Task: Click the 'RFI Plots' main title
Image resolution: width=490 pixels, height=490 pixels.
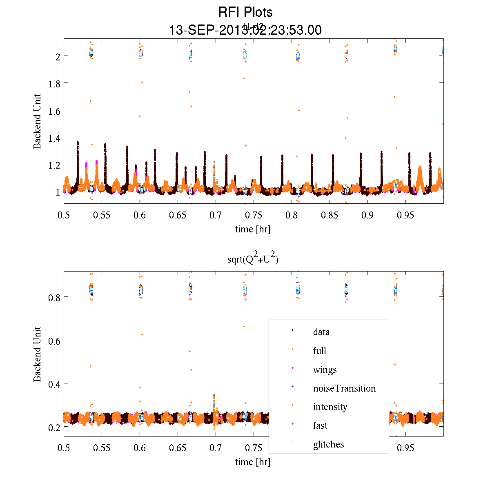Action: coord(245,12)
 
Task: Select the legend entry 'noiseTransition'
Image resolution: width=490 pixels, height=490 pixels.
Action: coord(344,388)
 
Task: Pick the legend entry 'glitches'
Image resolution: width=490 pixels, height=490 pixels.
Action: coord(328,444)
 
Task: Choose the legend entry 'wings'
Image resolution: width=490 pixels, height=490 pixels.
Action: coord(325,370)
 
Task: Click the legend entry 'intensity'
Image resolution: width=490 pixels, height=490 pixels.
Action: coord(330,407)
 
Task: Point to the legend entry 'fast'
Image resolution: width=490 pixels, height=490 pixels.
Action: coord(320,425)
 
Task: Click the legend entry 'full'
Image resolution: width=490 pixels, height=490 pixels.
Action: coord(319,351)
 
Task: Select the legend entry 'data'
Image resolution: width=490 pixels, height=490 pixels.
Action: coord(321,332)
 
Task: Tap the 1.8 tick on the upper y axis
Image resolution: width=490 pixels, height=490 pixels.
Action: coord(52,83)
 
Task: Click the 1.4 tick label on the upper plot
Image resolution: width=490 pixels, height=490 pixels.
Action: coord(52,138)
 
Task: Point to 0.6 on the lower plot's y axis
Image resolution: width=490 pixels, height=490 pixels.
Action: coord(52,341)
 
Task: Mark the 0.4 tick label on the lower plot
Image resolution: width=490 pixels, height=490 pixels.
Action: coord(52,384)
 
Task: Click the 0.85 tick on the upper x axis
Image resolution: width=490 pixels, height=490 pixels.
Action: coord(330,215)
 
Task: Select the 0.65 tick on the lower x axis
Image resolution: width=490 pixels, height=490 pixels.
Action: coord(178,448)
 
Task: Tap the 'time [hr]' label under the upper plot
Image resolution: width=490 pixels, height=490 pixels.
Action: coord(253,229)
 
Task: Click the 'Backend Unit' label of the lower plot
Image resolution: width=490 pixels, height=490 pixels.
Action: coord(37,354)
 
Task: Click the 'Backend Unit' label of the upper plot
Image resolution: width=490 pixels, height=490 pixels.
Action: coord(37,121)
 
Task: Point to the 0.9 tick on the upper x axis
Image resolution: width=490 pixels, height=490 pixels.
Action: coord(367,215)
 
